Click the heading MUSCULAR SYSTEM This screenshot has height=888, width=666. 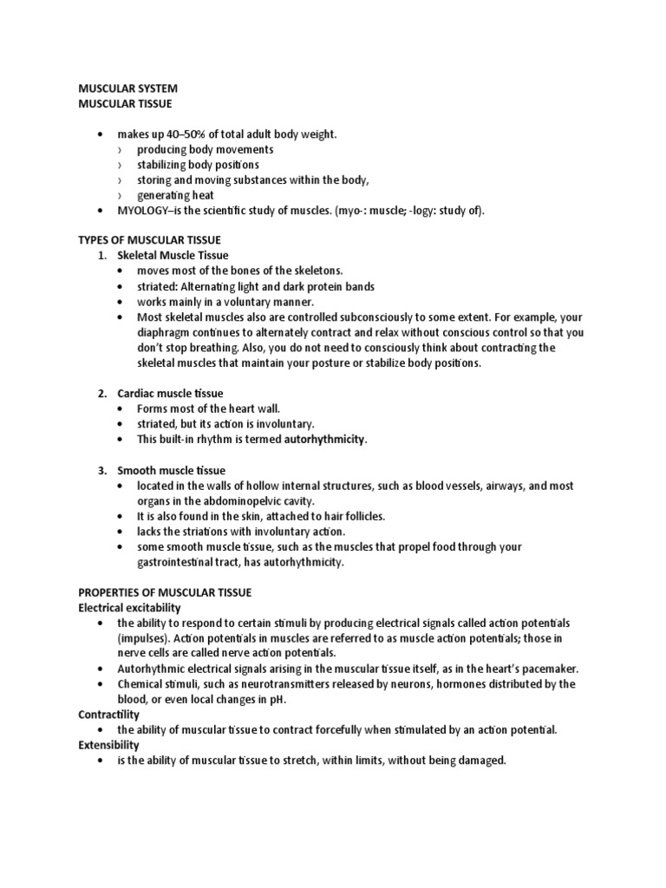click(x=128, y=88)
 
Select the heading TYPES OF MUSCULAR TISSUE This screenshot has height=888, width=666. click(x=150, y=239)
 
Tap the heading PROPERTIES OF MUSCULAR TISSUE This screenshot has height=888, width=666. click(x=165, y=592)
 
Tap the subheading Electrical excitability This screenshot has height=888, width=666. click(x=130, y=608)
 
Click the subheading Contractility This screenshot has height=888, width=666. click(x=109, y=714)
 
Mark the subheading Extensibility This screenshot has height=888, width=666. click(x=108, y=745)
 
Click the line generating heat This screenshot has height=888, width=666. click(x=175, y=195)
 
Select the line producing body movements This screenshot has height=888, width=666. click(x=206, y=150)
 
